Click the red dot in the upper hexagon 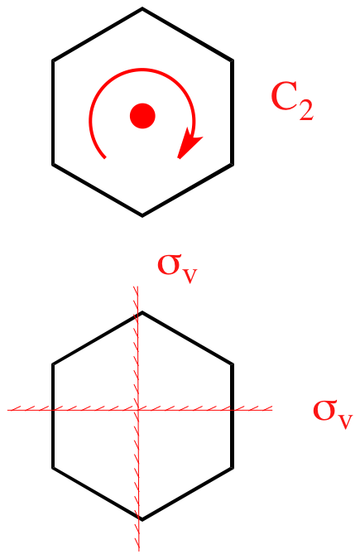[x=142, y=116]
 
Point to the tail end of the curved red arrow [x=105, y=157]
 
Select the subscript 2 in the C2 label [x=306, y=110]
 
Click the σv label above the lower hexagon [x=177, y=268]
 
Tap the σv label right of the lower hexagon [x=333, y=414]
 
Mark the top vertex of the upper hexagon [x=142, y=8]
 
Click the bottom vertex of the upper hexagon [x=142, y=215]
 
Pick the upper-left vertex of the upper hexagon [x=53, y=60]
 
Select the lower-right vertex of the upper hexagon [x=233, y=164]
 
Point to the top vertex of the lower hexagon [x=142, y=312]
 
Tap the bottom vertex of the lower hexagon [x=142, y=520]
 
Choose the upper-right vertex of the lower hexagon [x=233, y=364]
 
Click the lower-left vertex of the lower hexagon [x=53, y=468]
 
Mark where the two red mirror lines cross [x=138, y=410]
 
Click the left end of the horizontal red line [x=7, y=410]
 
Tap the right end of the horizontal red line [x=272, y=410]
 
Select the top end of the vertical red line [x=137, y=287]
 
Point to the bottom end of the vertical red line [x=139, y=551]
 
